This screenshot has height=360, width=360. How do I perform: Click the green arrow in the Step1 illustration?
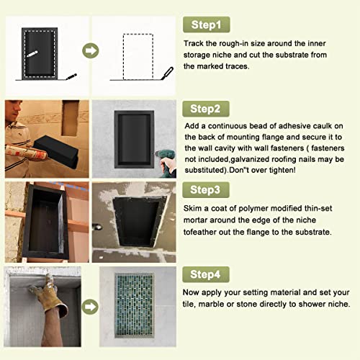(x=91, y=51)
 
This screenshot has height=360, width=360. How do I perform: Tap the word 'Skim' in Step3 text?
(x=195, y=209)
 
